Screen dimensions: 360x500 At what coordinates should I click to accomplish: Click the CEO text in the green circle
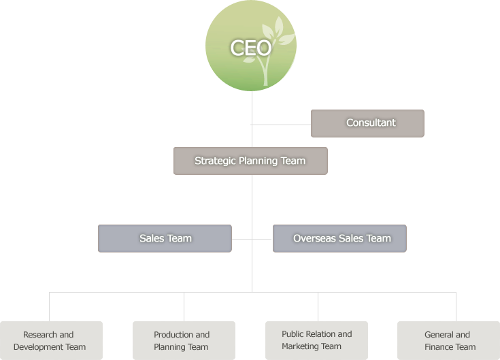pyautogui.click(x=250, y=48)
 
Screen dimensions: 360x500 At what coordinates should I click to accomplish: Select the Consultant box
pyautogui.click(x=367, y=123)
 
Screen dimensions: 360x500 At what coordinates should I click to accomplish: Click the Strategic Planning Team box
pyautogui.click(x=250, y=161)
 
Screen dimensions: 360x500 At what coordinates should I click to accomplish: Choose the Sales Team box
pyautogui.click(x=165, y=238)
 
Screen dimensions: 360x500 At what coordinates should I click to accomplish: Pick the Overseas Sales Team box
pyautogui.click(x=339, y=238)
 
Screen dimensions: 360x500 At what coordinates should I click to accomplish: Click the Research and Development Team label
pyautogui.click(x=50, y=341)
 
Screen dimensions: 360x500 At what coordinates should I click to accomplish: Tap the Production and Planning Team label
pyautogui.click(x=182, y=341)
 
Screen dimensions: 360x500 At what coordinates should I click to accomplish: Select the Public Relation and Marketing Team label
pyautogui.click(x=316, y=340)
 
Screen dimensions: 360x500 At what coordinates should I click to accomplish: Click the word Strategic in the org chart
pyautogui.click(x=214, y=161)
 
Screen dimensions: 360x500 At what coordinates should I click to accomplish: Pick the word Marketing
pyautogui.click(x=302, y=346)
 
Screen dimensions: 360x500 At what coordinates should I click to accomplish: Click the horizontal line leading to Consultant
pyautogui.click(x=281, y=125)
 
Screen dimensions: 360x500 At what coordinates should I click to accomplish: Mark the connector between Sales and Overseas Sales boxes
pyautogui.click(x=252, y=239)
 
